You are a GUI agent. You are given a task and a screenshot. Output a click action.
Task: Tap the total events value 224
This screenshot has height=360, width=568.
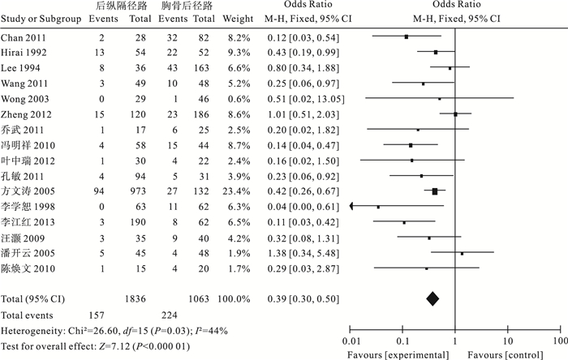click(169, 315)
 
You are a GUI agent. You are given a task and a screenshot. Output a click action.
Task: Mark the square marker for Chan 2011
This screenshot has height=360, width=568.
click(406, 37)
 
